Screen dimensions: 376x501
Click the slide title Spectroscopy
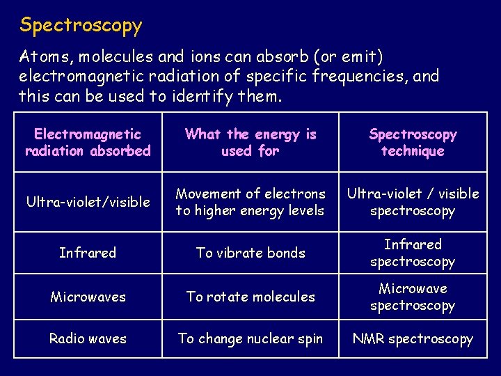[x=81, y=26]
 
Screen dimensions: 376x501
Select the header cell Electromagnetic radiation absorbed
[x=88, y=143]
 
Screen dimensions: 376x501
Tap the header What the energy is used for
[x=250, y=143]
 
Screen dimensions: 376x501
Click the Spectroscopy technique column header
[x=413, y=143]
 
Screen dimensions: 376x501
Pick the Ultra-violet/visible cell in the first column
[x=88, y=202]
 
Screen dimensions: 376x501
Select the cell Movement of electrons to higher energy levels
[x=250, y=202]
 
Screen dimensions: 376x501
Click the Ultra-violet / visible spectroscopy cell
[x=413, y=202]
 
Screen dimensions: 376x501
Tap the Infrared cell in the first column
[x=88, y=253]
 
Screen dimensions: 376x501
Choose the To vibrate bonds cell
[x=250, y=253]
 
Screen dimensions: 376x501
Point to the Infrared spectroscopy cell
[x=413, y=253]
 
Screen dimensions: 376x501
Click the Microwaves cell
[x=88, y=297]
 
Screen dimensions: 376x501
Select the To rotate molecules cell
[x=250, y=297]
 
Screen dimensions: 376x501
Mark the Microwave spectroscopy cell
[x=413, y=297]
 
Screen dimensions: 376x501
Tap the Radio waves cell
[x=88, y=339]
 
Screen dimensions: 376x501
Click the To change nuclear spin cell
[x=250, y=339]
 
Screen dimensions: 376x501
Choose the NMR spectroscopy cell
[x=413, y=339]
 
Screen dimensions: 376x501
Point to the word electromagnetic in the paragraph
[x=86, y=76]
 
